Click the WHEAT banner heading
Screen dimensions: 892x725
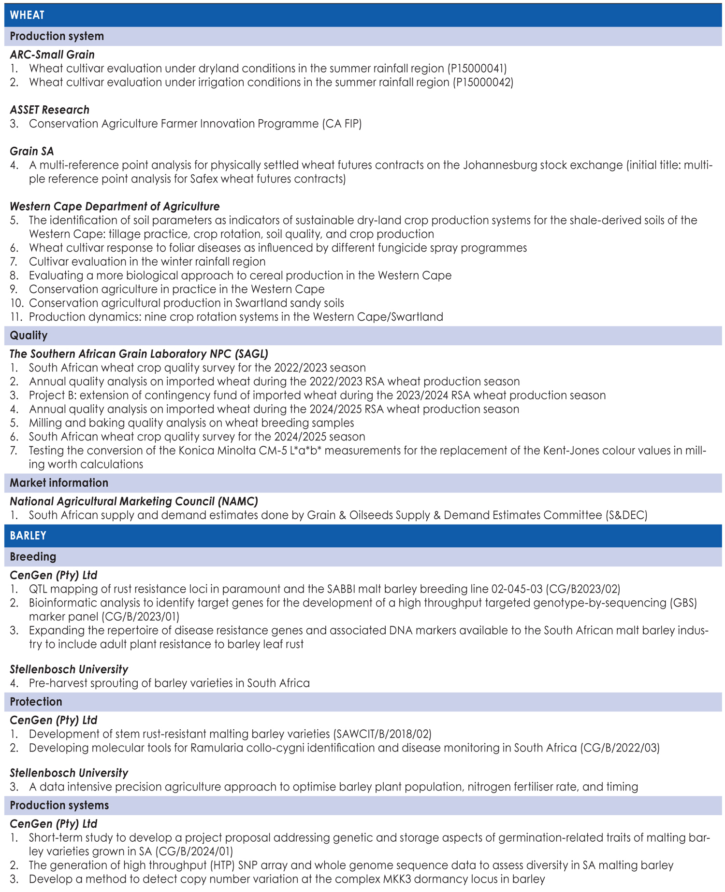[27, 15]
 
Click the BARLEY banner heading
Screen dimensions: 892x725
[28, 536]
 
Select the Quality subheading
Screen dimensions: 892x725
[29, 336]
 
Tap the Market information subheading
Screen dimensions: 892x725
[59, 483]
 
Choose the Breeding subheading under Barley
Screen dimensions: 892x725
[33, 557]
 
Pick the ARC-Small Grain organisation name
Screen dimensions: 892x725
[52, 55]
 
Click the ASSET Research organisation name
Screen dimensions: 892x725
[50, 110]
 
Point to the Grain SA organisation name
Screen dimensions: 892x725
[32, 152]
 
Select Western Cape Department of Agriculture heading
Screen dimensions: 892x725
[115, 207]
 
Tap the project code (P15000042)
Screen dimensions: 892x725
[483, 83]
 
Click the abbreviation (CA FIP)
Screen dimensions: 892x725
[342, 124]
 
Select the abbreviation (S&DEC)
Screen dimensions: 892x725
[626, 515]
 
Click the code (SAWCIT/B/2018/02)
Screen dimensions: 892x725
[382, 735]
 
